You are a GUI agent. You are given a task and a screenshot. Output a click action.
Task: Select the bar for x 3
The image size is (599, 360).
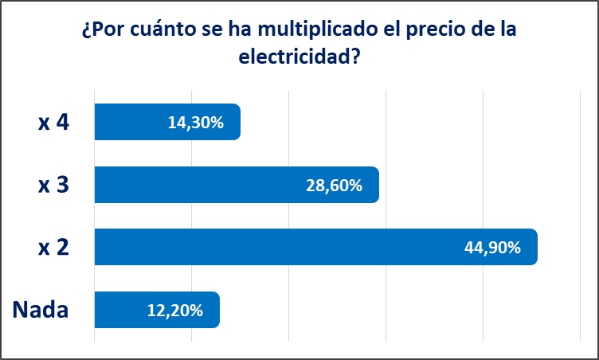click(x=199, y=185)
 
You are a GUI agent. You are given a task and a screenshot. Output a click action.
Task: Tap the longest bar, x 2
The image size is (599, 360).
click(x=279, y=247)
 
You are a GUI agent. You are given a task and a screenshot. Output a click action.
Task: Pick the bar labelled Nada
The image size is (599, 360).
click(x=127, y=309)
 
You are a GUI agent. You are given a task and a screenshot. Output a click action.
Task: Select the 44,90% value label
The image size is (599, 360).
click(x=492, y=247)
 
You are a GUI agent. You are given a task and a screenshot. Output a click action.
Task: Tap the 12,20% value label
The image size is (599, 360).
click(x=174, y=309)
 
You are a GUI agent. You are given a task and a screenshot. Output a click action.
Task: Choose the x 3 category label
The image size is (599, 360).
click(x=53, y=185)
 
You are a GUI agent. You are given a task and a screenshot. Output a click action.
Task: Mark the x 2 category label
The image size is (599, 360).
click(x=53, y=247)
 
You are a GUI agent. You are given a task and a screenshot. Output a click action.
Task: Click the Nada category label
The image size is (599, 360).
click(x=41, y=309)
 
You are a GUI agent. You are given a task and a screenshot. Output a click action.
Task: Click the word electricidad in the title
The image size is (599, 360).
click(x=292, y=57)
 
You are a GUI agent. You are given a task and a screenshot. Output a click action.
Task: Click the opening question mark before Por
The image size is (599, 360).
click(x=86, y=33)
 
